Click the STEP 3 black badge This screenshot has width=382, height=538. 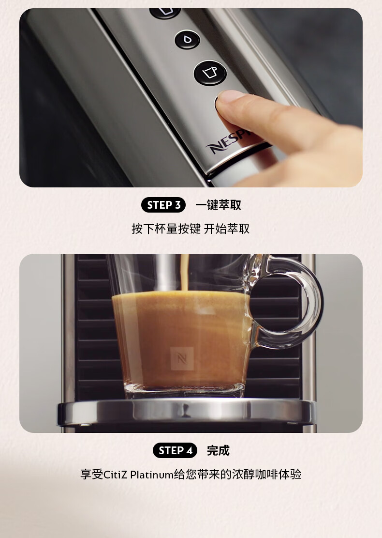[x=163, y=205]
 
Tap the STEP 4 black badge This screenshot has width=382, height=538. [x=175, y=450]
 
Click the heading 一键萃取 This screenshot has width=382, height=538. [x=218, y=205]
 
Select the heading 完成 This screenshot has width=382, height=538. [x=218, y=450]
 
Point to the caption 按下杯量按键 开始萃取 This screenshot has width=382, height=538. [x=191, y=229]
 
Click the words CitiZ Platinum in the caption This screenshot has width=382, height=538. [x=138, y=475]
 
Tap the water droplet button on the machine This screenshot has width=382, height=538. [x=188, y=39]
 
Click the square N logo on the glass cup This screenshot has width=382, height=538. [x=182, y=358]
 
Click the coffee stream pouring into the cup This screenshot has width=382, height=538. [x=185, y=273]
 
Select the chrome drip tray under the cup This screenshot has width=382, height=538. [x=187, y=412]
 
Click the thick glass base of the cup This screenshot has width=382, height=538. [x=184, y=390]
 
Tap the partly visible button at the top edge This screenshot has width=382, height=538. [x=165, y=13]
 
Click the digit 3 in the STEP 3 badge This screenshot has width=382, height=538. [x=178, y=205]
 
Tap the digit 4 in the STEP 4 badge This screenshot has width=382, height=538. [x=190, y=450]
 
